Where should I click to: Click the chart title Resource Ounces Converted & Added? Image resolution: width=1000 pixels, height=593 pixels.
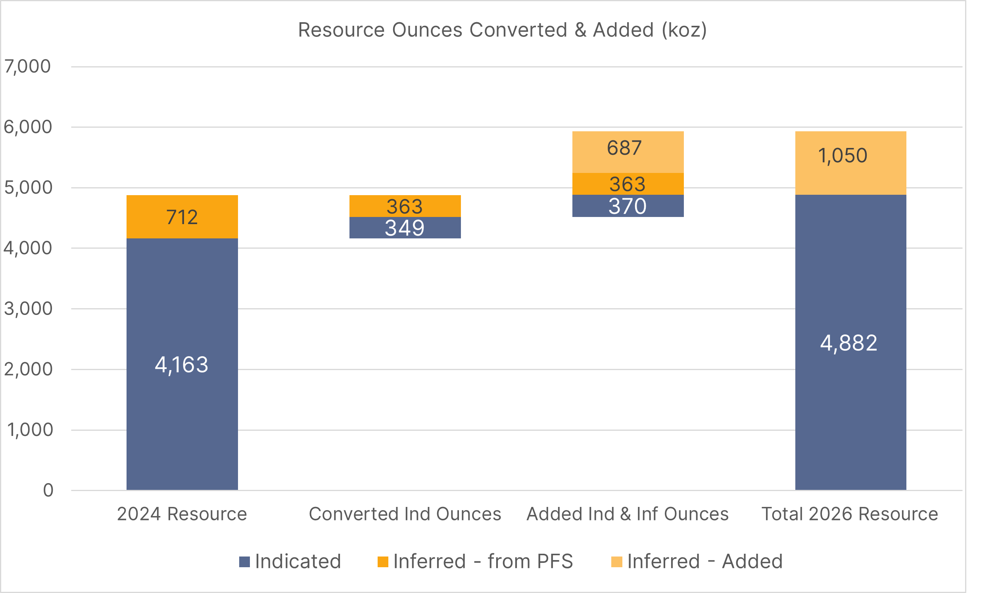[x=502, y=31]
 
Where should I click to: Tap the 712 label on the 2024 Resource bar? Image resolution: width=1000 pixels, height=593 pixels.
[x=182, y=217]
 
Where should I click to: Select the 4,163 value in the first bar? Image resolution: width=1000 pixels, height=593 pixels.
[x=181, y=365]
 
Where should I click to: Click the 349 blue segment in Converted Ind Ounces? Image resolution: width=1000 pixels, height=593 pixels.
[x=405, y=228]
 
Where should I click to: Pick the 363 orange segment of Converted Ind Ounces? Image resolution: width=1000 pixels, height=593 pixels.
[x=405, y=207]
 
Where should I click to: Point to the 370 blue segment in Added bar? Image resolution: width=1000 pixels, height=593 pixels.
[x=627, y=207]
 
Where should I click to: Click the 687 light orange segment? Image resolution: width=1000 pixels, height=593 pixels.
[x=624, y=148]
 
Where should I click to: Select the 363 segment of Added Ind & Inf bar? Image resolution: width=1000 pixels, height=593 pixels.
[x=627, y=184]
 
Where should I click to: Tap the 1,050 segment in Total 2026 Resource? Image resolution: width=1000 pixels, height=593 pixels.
[x=842, y=156]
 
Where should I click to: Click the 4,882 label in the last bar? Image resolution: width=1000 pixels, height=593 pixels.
[x=848, y=343]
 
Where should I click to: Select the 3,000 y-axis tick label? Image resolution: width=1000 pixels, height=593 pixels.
[x=28, y=309]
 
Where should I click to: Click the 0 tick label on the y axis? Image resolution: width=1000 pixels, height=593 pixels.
[x=48, y=490]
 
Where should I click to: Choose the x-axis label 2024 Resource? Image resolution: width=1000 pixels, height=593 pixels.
[x=182, y=514]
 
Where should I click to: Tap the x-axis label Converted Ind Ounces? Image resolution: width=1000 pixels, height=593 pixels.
[x=405, y=514]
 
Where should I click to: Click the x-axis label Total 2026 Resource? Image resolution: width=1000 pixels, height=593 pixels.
[x=849, y=514]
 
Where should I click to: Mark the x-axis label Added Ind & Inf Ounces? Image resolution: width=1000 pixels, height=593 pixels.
[x=627, y=514]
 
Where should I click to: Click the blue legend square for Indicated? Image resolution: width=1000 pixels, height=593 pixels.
[x=244, y=562]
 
